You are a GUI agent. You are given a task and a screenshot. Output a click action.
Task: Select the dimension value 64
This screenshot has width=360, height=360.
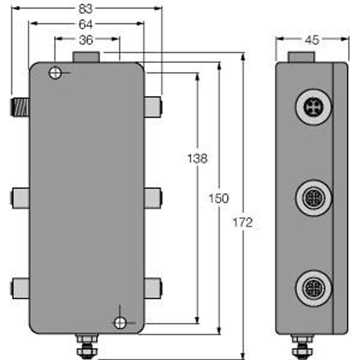(87, 25)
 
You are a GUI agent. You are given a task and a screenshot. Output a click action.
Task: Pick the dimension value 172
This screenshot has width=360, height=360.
(243, 223)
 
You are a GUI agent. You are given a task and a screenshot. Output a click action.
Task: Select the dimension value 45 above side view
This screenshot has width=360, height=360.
(312, 40)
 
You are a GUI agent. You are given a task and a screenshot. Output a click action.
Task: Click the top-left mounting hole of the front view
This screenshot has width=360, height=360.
(55, 73)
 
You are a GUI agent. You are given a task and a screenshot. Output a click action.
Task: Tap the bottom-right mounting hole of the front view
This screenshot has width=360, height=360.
(121, 323)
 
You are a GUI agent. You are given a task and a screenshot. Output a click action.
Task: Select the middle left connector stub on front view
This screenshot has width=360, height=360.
(20, 197)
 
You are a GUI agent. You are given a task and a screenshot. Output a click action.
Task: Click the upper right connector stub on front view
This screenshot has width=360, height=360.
(153, 107)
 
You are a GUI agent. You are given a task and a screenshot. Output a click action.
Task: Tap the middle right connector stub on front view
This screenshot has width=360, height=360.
(153, 197)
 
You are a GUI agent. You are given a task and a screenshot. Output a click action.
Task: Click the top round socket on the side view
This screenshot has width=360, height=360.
(313, 108)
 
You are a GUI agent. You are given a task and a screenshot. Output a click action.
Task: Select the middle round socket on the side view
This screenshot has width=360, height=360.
(313, 197)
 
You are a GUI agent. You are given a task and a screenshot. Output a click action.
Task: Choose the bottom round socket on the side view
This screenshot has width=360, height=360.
(313, 286)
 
